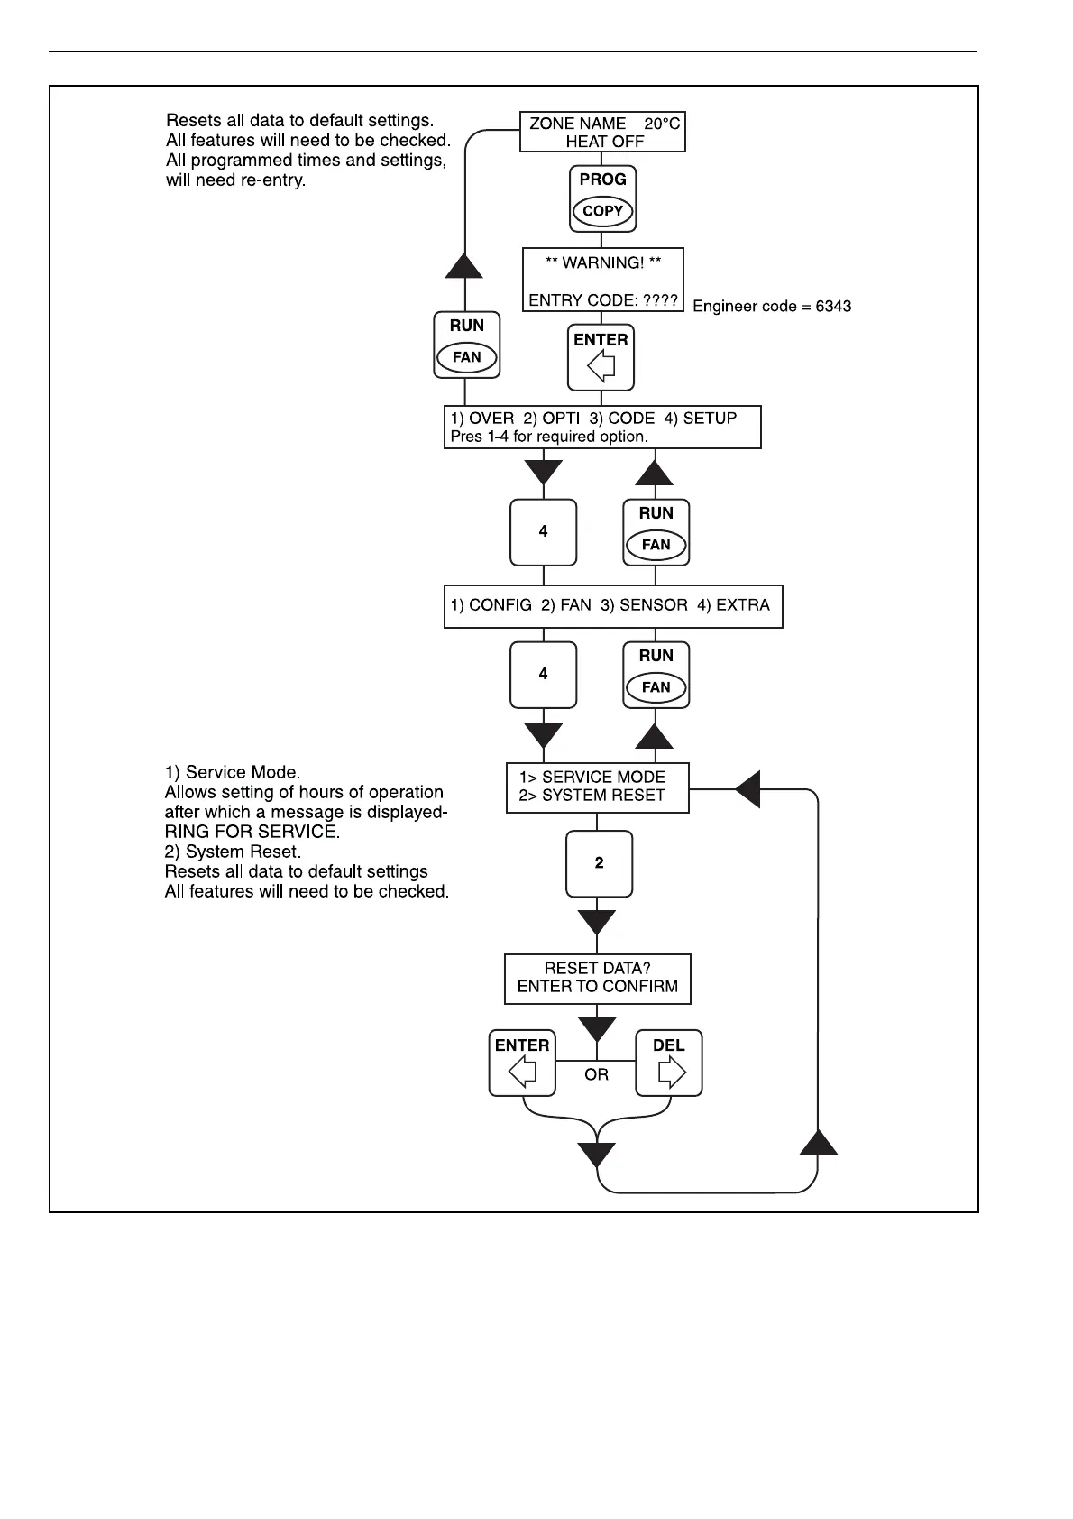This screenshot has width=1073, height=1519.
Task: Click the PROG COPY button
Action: (603, 198)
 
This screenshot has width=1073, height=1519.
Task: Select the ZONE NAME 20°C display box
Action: (603, 133)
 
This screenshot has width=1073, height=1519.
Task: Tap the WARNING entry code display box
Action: (603, 280)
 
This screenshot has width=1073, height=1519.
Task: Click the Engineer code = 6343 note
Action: (772, 307)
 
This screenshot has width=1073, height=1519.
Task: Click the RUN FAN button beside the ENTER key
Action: (466, 345)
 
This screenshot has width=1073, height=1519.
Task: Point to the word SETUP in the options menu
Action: (710, 419)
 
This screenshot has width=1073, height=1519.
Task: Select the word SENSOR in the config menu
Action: (654, 605)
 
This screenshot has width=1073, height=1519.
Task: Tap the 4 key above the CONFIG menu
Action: (543, 532)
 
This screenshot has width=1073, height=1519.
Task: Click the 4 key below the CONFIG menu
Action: (543, 675)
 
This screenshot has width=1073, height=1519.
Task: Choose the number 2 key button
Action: (600, 863)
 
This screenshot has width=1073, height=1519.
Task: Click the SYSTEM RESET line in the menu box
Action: (592, 796)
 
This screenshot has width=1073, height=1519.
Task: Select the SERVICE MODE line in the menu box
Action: (592, 778)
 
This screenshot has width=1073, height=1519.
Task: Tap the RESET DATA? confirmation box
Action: (597, 978)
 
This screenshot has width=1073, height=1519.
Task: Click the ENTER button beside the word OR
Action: (522, 1063)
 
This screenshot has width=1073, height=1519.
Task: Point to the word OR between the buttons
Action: (597, 1075)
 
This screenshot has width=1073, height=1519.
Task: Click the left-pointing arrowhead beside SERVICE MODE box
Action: (748, 789)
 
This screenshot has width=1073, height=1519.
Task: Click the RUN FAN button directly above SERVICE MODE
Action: (656, 675)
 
